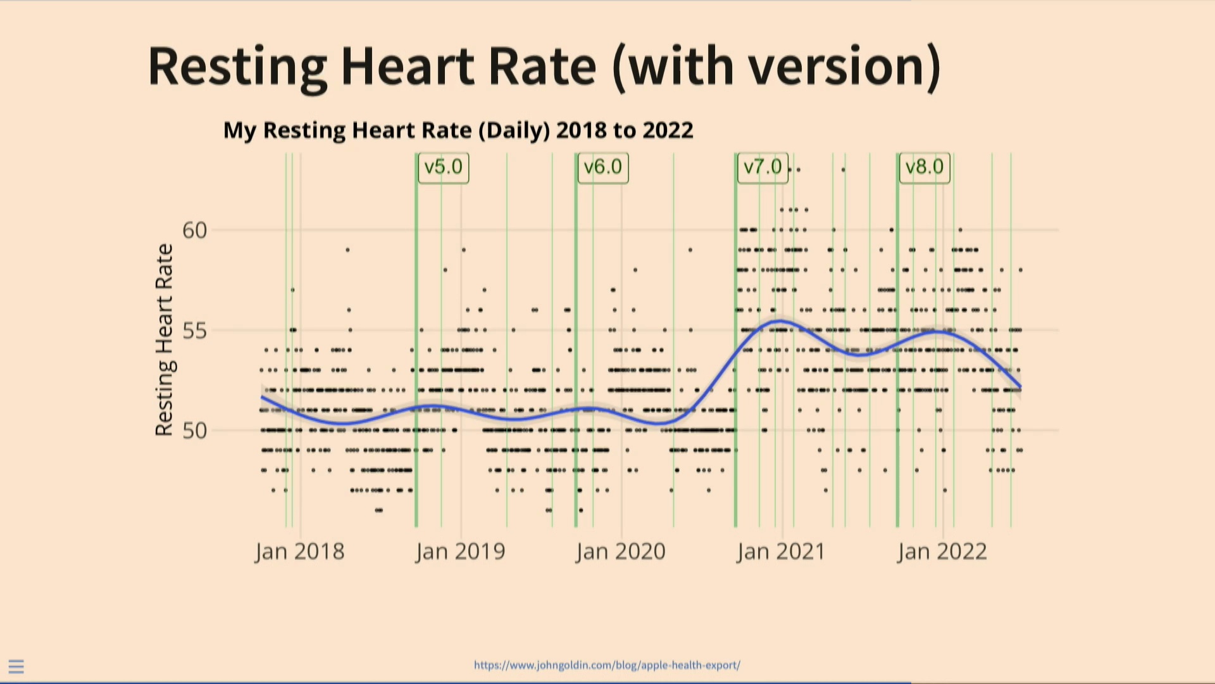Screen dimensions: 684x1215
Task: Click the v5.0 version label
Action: tap(443, 168)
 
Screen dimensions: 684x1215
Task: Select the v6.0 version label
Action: tap(602, 168)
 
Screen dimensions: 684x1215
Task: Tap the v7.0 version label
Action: tap(763, 168)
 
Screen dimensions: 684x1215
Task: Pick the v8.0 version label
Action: tap(925, 168)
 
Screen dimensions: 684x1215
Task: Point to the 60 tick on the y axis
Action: tap(195, 231)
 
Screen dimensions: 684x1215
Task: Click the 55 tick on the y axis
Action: tap(195, 331)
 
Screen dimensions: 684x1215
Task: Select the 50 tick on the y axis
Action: tap(195, 431)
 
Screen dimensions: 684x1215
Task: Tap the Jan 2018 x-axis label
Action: tap(300, 552)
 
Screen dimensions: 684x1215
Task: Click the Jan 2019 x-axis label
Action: tap(461, 552)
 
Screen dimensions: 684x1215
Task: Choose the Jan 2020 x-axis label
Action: tap(621, 552)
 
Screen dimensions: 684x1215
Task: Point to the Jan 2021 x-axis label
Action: tap(782, 552)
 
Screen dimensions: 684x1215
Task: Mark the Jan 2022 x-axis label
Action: tap(942, 552)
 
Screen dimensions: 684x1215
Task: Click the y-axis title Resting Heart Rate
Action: tap(164, 340)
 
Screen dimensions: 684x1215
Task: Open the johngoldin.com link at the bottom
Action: tap(607, 665)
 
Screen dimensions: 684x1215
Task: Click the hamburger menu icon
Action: tap(16, 666)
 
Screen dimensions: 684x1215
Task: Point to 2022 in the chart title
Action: tap(668, 130)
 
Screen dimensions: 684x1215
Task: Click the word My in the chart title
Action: tap(239, 130)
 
